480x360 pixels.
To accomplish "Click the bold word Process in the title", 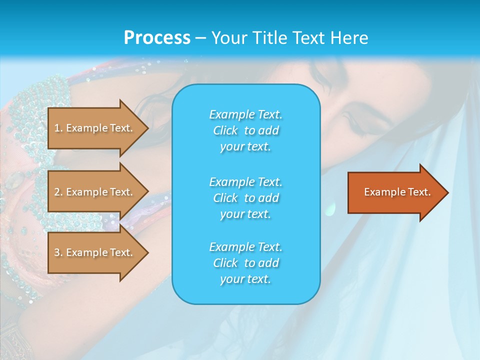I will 157,37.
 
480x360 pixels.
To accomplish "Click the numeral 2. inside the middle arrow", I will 58,192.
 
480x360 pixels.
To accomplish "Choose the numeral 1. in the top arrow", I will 58,128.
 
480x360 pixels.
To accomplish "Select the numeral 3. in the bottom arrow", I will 58,252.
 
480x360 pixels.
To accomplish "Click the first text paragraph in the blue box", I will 245,130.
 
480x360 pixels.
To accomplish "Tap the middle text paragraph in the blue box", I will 245,197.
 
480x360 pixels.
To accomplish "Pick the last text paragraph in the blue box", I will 245,263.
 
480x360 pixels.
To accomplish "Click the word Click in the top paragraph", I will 225,130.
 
